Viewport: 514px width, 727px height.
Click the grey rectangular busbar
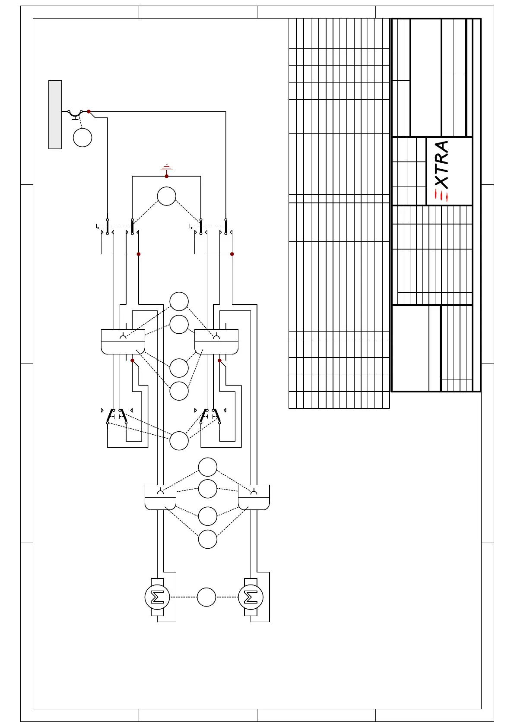pos(55,114)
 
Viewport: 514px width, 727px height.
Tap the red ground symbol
pos(167,168)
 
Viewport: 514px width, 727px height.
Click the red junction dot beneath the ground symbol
pos(167,176)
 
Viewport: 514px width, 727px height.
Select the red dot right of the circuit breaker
pos(89,111)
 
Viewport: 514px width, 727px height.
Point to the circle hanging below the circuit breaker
pos(82,138)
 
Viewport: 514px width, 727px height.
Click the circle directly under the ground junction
pos(167,196)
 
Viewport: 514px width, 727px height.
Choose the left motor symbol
pos(157,597)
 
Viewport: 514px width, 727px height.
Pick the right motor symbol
pos(251,597)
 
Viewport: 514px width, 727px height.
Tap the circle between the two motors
pos(206,597)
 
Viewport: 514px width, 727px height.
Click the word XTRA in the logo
pos(441,164)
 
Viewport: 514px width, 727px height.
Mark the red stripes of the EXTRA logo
pos(441,196)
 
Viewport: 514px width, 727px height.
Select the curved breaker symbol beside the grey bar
pos(75,114)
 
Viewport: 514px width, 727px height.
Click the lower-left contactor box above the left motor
pos(160,497)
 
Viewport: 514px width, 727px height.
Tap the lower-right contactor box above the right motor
pos(254,497)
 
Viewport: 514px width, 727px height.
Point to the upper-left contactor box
pos(123,342)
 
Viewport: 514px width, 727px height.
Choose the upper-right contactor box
pos(216,342)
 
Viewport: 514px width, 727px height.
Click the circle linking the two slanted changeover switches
pos(179,441)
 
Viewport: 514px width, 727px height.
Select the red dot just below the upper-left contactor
pos(132,360)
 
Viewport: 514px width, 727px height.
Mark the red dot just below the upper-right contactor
pos(219,360)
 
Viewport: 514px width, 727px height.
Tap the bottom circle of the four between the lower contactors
pos(208,539)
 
